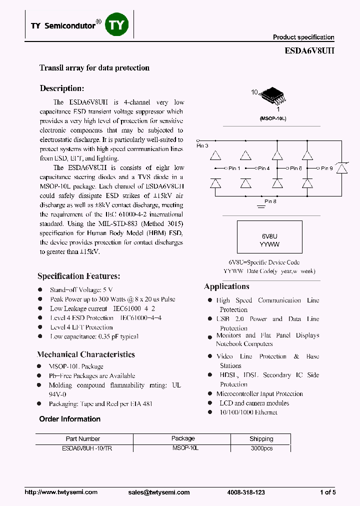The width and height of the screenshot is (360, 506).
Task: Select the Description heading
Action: point(61,88)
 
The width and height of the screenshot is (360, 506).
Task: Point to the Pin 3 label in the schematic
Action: point(202,145)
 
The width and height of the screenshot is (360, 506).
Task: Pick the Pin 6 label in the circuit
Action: point(295,168)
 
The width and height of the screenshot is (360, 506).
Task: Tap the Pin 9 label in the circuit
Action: point(326,168)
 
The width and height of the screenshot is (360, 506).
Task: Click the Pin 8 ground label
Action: point(270,201)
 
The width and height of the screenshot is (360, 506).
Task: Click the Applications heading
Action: point(226,286)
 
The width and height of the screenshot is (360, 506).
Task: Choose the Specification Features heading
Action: point(78,276)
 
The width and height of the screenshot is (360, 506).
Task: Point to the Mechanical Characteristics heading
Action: point(86,354)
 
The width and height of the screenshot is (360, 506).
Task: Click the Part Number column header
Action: point(83,438)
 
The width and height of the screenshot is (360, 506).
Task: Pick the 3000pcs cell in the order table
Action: point(261,448)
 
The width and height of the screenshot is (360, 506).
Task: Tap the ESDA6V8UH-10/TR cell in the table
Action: point(82,448)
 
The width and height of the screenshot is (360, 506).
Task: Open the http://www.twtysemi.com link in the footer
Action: point(61,492)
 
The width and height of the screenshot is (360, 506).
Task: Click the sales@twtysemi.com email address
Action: point(159,492)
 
